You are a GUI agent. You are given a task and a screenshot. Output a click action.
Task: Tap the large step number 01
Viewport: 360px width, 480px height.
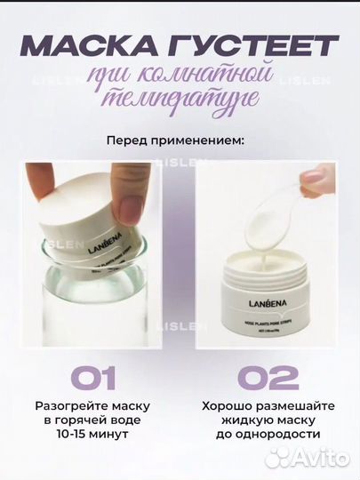(90, 378)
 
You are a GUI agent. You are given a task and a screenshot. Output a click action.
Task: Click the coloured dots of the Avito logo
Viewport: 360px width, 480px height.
(279, 457)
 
